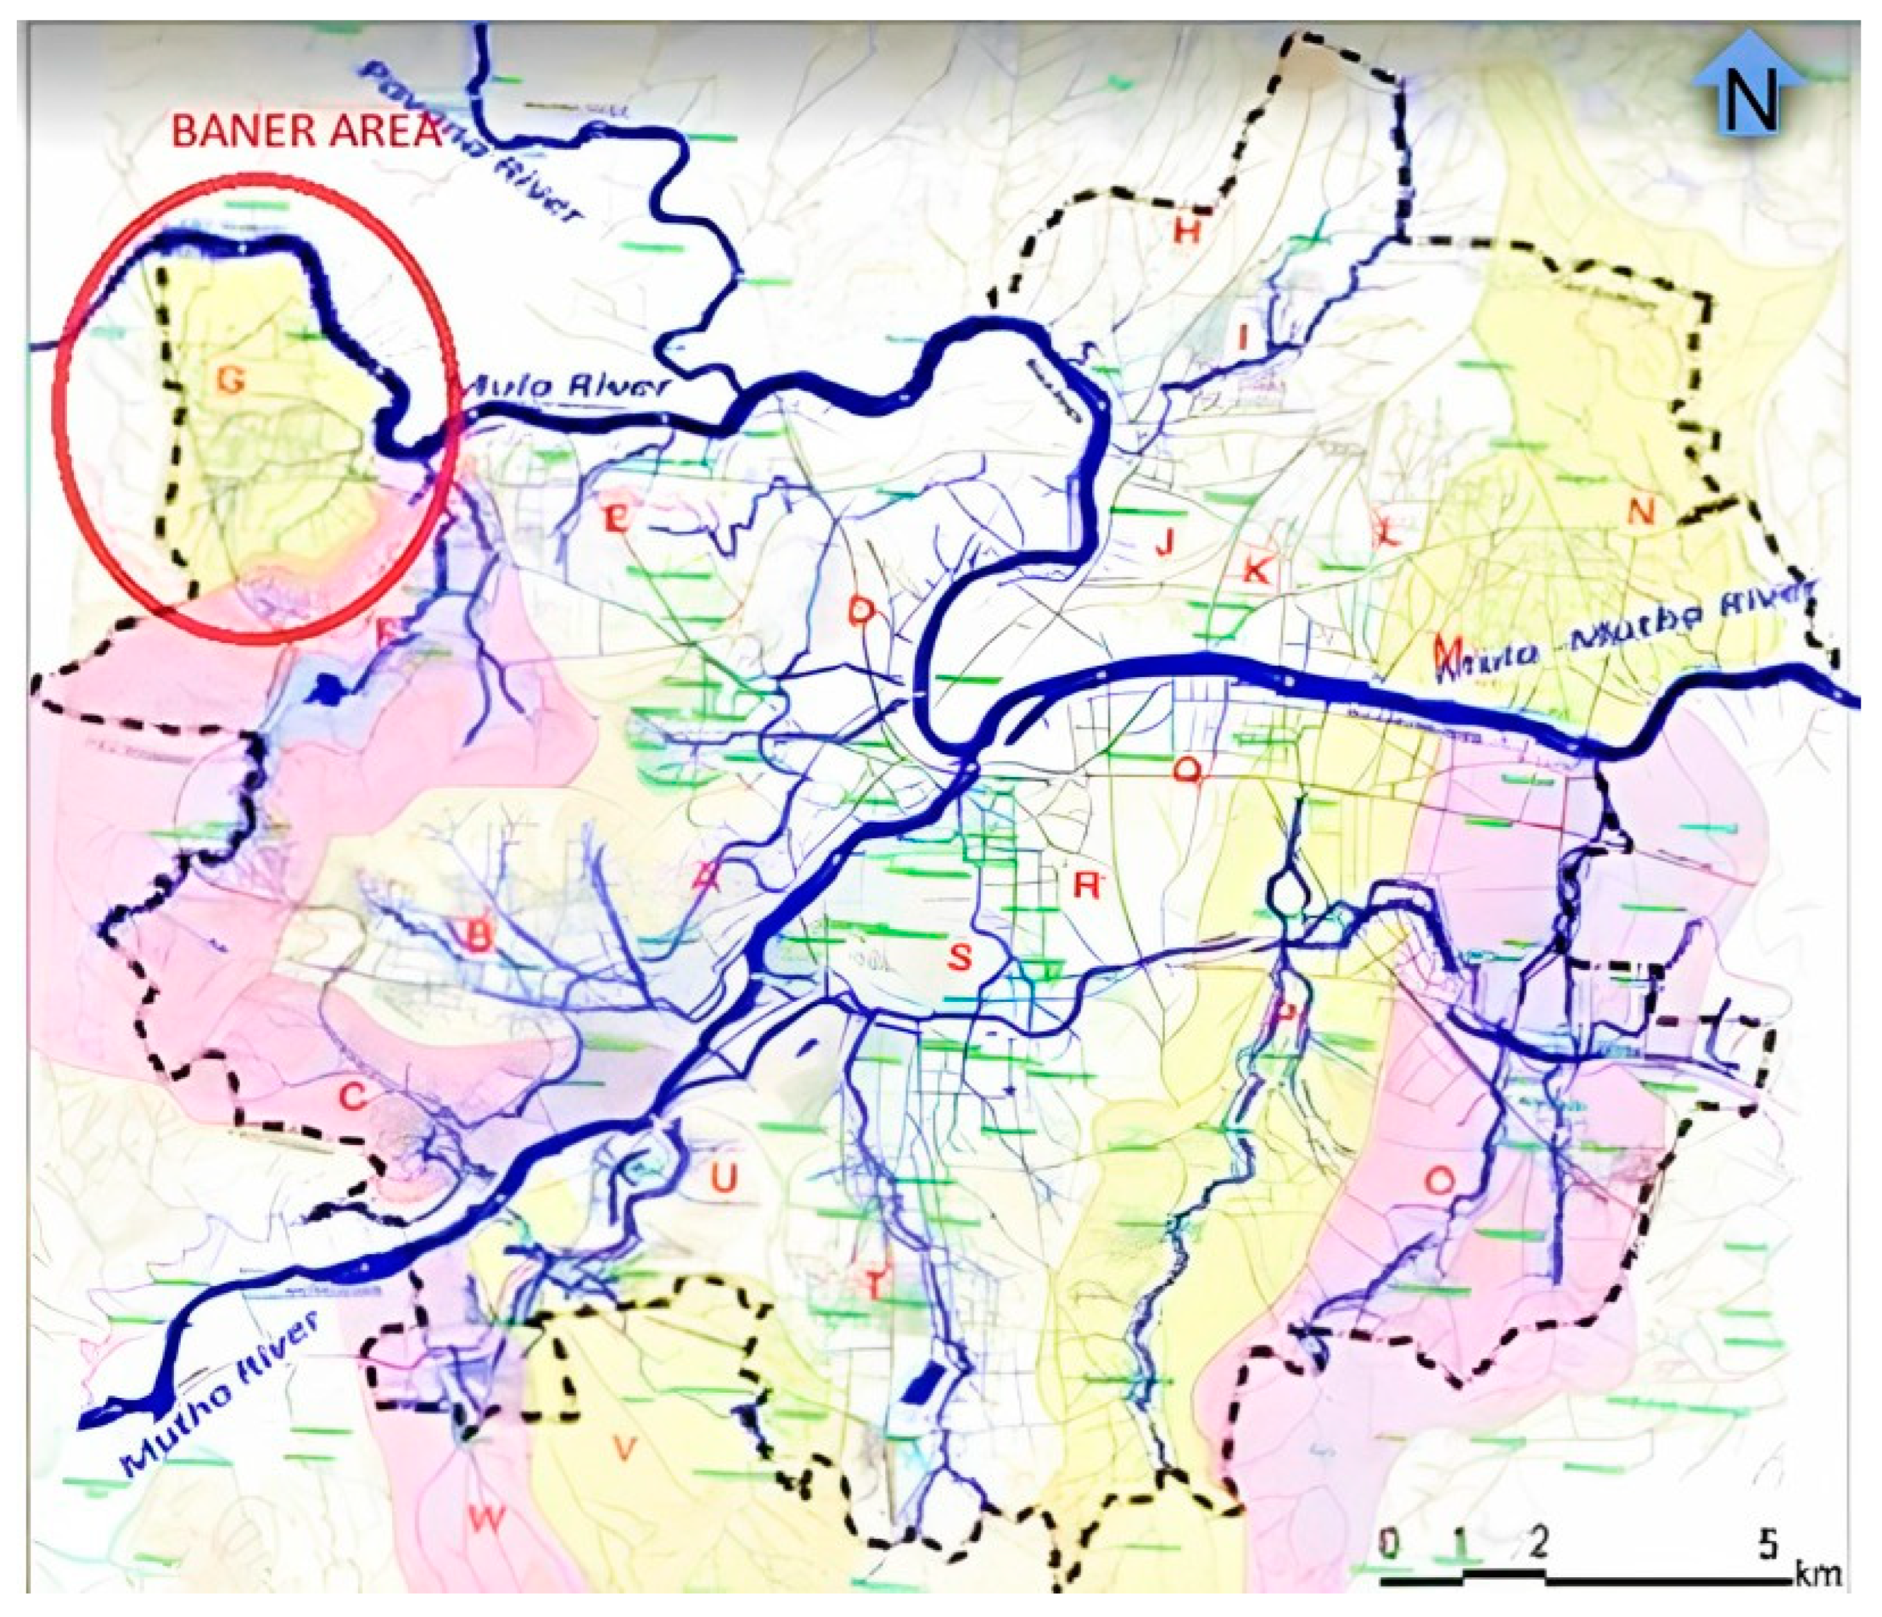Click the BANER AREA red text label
[305, 132]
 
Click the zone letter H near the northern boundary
[1187, 232]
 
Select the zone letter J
[1165, 543]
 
